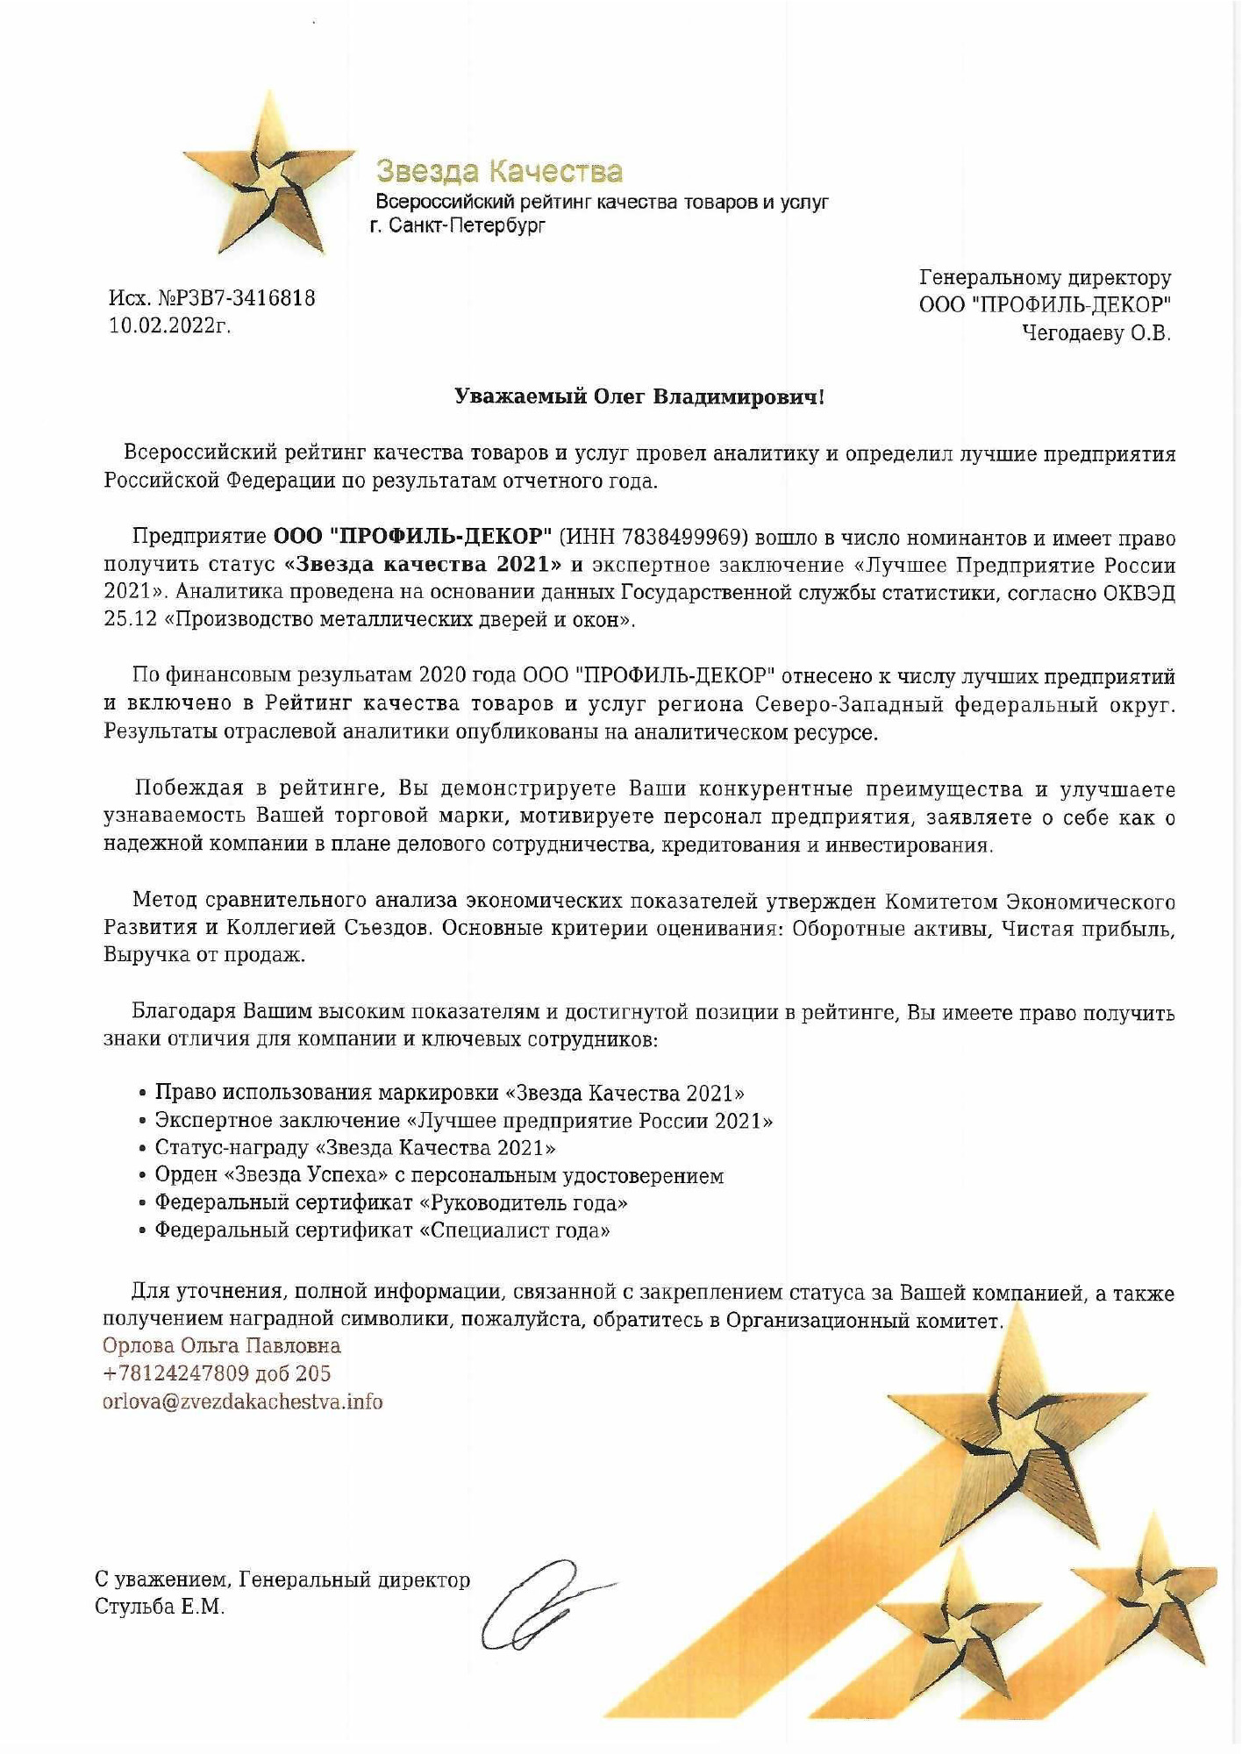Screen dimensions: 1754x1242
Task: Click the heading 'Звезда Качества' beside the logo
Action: click(499, 171)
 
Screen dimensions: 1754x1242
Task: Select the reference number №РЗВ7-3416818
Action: click(236, 298)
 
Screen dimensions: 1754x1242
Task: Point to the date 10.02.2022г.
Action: click(169, 326)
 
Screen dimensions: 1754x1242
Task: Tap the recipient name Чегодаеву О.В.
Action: click(1096, 333)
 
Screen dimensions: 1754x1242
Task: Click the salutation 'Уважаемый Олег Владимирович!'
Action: click(639, 397)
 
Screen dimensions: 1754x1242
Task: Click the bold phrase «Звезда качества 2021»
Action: click(424, 564)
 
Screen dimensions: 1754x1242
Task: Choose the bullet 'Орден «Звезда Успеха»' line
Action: click(439, 1175)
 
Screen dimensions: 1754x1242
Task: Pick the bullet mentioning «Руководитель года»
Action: click(391, 1202)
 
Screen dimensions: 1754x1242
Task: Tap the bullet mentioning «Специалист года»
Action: click(382, 1230)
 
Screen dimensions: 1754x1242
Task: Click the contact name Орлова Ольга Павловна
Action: click(221, 1345)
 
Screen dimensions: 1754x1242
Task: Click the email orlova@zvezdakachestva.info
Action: click(243, 1401)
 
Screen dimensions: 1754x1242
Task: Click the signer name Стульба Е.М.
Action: click(160, 1608)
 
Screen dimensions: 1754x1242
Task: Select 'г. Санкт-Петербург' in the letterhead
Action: click(457, 226)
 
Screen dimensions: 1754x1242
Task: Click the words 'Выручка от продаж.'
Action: click(204, 955)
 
